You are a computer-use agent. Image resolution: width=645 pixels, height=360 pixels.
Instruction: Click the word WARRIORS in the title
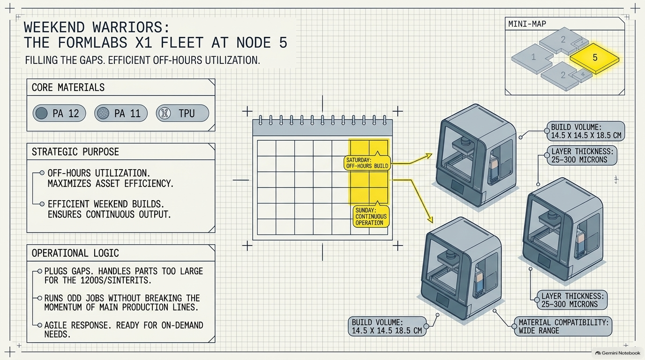pos(131,27)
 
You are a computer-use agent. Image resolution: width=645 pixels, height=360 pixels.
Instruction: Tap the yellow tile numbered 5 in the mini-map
pos(594,58)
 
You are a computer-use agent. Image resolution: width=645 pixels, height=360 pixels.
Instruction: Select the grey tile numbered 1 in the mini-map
pos(532,59)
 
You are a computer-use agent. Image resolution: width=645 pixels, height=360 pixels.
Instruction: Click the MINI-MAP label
pos(527,24)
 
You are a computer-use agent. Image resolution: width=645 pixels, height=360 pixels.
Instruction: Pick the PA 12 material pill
pos(60,113)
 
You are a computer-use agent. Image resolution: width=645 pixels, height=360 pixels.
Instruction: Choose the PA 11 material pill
pos(121,113)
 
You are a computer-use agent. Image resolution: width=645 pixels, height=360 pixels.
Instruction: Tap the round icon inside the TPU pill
pos(165,113)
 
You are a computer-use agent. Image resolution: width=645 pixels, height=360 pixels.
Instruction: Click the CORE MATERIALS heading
pos(68,87)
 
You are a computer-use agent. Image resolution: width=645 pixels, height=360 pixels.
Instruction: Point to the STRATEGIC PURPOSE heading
pos(75,152)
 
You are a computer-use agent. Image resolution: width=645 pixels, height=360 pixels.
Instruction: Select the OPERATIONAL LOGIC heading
pos(75,253)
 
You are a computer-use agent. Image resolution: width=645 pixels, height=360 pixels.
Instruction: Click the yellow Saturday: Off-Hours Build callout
pos(367,163)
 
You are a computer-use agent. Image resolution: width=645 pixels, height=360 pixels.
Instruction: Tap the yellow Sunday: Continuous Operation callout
pos(371,216)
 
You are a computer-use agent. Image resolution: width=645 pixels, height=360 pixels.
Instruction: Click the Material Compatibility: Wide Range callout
pos(563,326)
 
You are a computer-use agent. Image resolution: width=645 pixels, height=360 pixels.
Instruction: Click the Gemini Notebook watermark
pos(618,353)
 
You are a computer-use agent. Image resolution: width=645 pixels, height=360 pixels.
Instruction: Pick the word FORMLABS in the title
pos(92,43)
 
